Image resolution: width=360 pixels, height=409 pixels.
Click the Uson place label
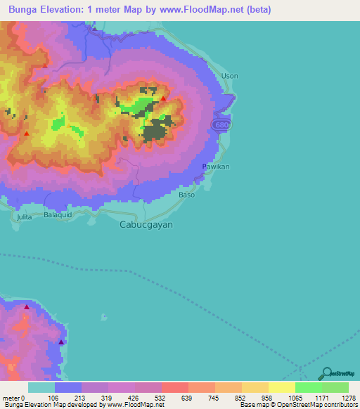[230, 76]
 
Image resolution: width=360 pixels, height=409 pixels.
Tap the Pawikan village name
[216, 167]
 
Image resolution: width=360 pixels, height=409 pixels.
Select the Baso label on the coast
[186, 195]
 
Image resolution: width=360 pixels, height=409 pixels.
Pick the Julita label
[25, 218]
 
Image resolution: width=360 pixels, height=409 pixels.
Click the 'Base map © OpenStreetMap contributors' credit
[297, 405]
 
